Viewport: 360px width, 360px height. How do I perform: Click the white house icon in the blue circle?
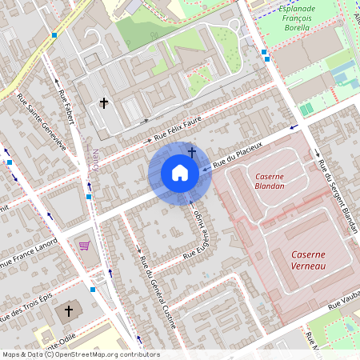tap(180, 173)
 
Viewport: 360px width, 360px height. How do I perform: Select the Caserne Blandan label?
tap(270, 181)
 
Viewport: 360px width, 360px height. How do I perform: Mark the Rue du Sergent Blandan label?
tap(336, 196)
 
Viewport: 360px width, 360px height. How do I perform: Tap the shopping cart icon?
tap(84, 246)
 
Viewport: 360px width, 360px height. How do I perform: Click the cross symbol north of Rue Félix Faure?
tap(103, 102)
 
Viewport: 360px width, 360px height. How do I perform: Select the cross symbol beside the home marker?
tap(192, 150)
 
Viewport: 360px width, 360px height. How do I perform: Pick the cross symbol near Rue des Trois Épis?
tap(68, 310)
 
